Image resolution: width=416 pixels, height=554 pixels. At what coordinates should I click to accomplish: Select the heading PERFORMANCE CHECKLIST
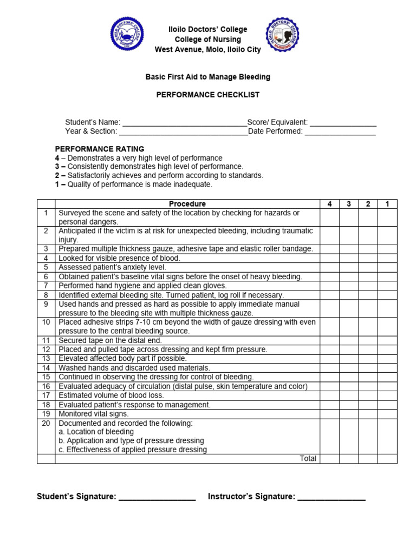coord(208,95)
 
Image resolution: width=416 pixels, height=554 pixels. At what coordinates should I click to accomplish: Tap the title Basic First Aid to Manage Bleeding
coord(208,77)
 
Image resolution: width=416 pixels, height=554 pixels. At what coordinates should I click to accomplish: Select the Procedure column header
coord(187,204)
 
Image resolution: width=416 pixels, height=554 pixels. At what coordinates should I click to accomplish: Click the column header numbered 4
coord(330,204)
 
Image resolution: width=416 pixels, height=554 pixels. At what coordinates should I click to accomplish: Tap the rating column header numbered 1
coord(387,204)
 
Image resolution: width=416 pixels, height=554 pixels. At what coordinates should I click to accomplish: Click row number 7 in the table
coord(46,286)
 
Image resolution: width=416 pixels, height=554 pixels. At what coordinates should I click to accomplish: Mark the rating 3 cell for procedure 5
coord(349,267)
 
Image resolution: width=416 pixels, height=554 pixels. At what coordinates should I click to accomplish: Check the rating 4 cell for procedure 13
coord(330,359)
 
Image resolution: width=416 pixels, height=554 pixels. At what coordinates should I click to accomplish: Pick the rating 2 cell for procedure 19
coord(368,414)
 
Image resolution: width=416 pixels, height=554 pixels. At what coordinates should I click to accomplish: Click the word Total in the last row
coord(308,459)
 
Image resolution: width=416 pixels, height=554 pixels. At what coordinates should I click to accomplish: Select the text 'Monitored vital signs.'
coord(94,414)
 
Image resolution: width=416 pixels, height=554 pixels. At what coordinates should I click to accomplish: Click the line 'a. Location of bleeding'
coord(96,432)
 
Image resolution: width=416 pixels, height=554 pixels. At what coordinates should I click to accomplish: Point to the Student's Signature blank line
coord(157,497)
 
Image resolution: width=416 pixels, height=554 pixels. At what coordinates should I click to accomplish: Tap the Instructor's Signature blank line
coord(331,497)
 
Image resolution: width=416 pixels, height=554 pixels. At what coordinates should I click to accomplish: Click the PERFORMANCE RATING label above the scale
coord(100,149)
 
